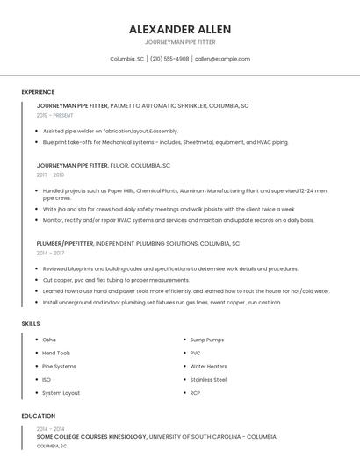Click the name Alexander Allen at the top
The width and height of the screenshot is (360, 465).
[x=179, y=29]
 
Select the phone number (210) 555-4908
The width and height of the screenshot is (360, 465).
[x=169, y=59]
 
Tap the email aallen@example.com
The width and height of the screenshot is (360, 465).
[x=222, y=59]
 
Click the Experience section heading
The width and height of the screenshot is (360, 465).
[x=38, y=92]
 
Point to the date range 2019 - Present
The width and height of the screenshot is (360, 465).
[x=54, y=115]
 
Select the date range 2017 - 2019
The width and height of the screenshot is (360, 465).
[x=50, y=175]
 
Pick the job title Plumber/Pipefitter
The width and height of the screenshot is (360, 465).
[x=64, y=243]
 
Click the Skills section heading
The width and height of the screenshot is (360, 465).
[x=31, y=323]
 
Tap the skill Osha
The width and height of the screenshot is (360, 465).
[x=49, y=340]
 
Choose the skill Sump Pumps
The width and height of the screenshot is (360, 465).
[x=207, y=340]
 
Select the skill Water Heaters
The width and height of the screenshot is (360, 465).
[x=208, y=366]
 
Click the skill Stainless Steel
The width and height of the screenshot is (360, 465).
[x=208, y=380]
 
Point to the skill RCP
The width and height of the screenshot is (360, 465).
[x=195, y=393]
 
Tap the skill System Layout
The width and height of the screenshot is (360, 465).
[x=61, y=393]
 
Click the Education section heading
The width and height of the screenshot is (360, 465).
[x=38, y=416]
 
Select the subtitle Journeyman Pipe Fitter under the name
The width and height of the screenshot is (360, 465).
[x=179, y=42]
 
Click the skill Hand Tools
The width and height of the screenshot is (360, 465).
[x=56, y=353]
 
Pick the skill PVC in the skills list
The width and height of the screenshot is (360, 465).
[x=195, y=353]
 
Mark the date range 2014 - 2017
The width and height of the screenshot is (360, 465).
[x=50, y=253]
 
